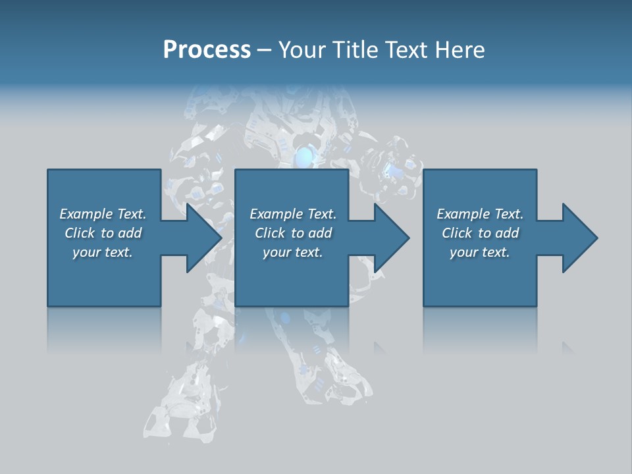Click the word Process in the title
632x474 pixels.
coord(207,50)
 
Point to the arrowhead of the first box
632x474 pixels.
coord(204,238)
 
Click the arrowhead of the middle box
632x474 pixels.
coord(392,238)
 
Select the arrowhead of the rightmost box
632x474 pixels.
coord(580,238)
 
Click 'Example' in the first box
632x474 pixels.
coord(86,214)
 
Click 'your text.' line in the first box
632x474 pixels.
coord(103,252)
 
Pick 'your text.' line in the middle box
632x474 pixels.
coord(292,252)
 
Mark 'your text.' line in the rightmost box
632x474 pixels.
coord(480,252)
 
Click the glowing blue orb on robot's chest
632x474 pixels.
coord(304,157)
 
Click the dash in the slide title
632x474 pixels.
coord(265,51)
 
